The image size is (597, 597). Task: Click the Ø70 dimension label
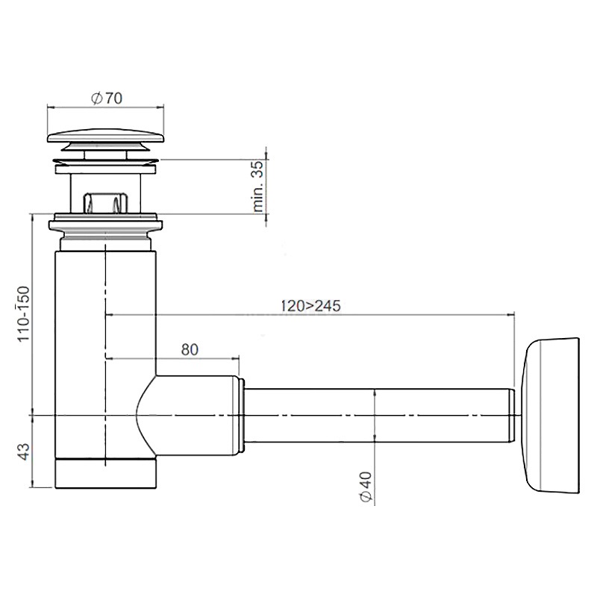click(107, 99)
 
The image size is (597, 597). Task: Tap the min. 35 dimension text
click(257, 186)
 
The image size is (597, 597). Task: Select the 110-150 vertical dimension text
click(23, 313)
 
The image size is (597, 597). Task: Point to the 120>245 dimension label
click(310, 306)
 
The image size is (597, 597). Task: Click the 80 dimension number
click(190, 349)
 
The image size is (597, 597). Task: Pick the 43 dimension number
click(24, 451)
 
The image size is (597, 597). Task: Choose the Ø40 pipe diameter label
click(366, 487)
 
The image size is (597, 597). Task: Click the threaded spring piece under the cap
click(105, 202)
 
